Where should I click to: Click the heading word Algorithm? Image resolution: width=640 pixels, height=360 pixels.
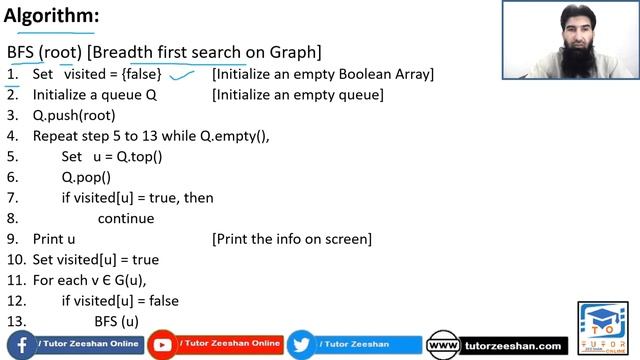point(50,17)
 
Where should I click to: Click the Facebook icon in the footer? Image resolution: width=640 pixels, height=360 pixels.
point(21,344)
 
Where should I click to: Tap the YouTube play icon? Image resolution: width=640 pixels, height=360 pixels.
point(161,345)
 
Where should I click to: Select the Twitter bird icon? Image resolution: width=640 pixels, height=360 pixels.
point(300,345)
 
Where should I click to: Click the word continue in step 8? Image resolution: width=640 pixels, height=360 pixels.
point(126,218)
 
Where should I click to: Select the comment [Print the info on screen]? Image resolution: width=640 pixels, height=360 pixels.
point(292,239)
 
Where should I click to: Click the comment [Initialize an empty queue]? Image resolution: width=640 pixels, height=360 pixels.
point(298,95)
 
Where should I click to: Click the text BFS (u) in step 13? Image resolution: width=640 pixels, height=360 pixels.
point(116,321)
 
